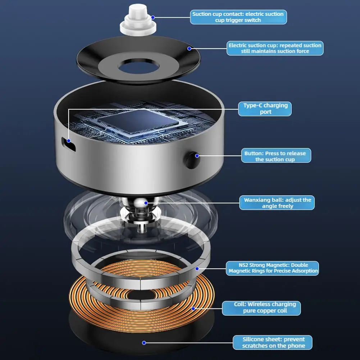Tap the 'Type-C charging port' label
tap(265, 109)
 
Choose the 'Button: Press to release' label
tap(275, 156)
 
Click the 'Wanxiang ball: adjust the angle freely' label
tap(277, 203)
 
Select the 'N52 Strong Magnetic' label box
tap(272, 268)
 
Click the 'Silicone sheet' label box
tap(272, 342)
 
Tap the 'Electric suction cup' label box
tap(275, 48)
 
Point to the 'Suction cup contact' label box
tap(238, 17)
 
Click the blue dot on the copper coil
tap(193, 309)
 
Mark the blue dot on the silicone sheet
tap(144, 343)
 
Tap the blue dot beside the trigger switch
tap(153, 17)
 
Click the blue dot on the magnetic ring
tap(197, 268)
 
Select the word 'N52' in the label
tap(234, 265)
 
